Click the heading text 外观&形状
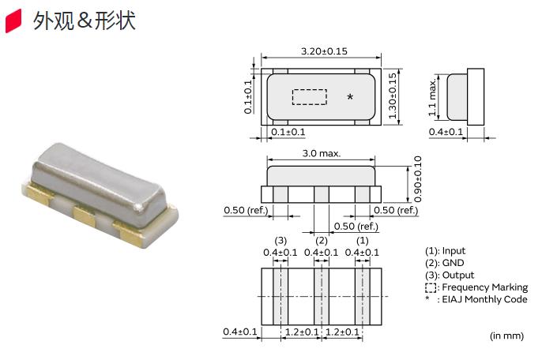point(84,21)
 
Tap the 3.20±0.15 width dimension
point(325,51)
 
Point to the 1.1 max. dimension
point(434,96)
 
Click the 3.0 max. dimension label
point(321,153)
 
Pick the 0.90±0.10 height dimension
point(418,180)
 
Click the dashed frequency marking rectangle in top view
point(309,96)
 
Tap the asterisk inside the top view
point(350,97)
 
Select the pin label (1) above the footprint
point(363,240)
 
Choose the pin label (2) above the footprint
point(321,240)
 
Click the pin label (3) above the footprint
point(280,240)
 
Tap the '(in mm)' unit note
point(506,336)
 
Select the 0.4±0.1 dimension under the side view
point(446,132)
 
